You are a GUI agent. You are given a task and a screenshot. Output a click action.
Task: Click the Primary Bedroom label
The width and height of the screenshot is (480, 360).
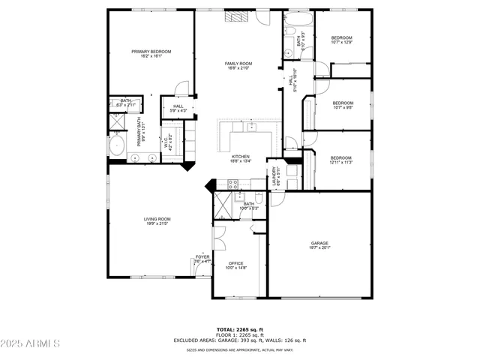[151, 52]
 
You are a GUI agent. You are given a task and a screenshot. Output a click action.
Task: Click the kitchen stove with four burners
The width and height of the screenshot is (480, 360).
[232, 183]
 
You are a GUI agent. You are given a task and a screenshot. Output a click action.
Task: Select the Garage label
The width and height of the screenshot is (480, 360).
[320, 244]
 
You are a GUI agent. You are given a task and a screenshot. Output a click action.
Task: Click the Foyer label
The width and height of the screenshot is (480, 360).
[202, 258]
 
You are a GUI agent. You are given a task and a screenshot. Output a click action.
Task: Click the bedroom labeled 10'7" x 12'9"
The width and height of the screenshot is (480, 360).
[342, 38]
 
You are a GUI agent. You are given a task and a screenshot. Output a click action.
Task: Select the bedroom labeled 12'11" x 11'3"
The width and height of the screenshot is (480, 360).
[341, 158]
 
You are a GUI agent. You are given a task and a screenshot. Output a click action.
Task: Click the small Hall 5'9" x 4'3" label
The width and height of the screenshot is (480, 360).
[178, 107]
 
